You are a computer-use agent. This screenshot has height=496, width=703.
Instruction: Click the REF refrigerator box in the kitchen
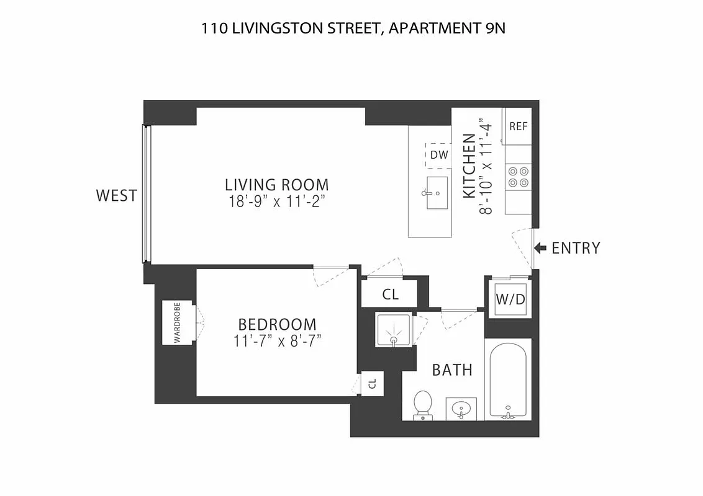518,126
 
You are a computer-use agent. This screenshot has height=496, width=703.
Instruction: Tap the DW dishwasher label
438,155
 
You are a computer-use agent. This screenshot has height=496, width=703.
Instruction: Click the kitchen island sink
437,192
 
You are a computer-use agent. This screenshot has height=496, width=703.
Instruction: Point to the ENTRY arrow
540,248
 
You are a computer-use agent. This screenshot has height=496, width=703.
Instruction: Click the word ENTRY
576,248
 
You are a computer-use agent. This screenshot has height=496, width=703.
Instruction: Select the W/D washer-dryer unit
510,299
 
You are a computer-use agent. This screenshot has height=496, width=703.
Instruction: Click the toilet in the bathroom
423,405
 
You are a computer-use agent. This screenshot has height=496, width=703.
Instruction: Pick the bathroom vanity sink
461,409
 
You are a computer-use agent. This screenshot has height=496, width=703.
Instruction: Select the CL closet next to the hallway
390,294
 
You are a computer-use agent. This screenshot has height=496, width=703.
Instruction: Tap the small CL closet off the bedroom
373,383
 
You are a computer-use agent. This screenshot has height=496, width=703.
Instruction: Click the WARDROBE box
178,322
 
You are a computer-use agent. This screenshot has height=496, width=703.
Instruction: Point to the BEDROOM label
277,324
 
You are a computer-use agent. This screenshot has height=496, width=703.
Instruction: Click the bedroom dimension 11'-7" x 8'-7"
277,340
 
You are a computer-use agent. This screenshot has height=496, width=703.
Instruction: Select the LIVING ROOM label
277,185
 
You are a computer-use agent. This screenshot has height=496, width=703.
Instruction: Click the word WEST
116,196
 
